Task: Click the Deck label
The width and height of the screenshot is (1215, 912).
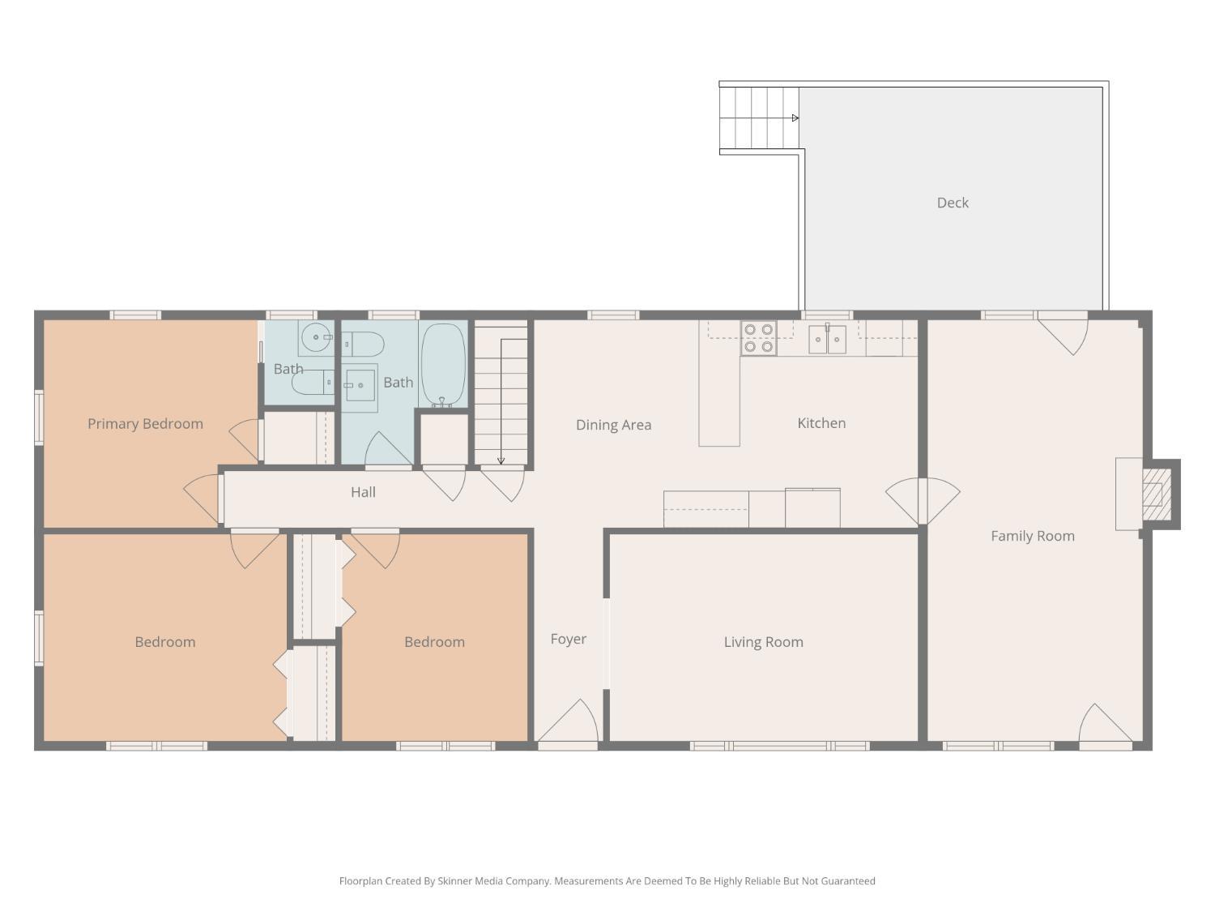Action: (953, 203)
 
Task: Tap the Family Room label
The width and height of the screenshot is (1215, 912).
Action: (1033, 536)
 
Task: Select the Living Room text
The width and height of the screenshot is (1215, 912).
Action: (763, 642)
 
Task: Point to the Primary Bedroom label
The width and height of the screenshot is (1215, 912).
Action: (145, 424)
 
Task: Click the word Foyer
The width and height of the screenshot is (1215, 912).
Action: (568, 639)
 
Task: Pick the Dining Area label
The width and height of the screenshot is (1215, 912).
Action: (613, 425)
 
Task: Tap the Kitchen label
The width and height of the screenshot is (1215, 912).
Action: (821, 423)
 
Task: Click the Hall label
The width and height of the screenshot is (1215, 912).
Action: (363, 492)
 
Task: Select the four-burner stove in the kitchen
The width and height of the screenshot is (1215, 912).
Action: (758, 338)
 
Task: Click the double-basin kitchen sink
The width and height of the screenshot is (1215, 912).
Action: (827, 340)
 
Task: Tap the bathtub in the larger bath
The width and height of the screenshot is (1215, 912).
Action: (443, 365)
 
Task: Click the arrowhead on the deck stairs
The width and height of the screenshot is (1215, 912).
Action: (795, 118)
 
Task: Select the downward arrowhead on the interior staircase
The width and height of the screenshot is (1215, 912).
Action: (501, 460)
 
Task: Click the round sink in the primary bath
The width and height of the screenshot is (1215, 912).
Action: (316, 337)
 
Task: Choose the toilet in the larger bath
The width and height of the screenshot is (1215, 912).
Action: (362, 345)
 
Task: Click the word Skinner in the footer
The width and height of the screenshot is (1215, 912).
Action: (454, 881)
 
